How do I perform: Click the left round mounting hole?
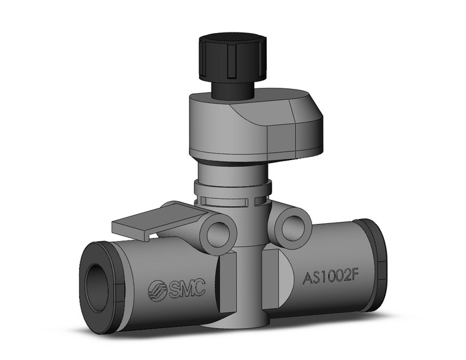tap(220, 234)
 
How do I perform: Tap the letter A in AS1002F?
tap(307, 279)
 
